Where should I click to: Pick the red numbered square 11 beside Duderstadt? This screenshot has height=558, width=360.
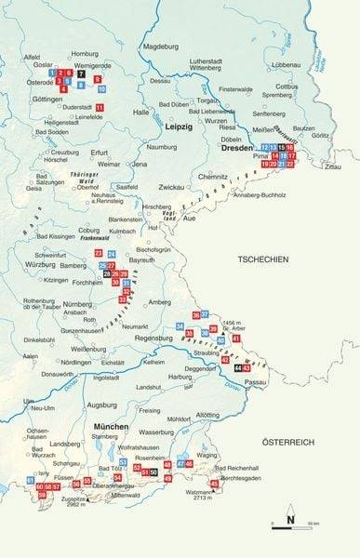100,108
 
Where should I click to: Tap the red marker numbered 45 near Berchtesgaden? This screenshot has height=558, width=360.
215,484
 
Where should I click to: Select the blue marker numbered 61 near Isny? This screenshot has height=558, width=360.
30,479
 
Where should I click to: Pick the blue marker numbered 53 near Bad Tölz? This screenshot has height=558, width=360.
123,461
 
